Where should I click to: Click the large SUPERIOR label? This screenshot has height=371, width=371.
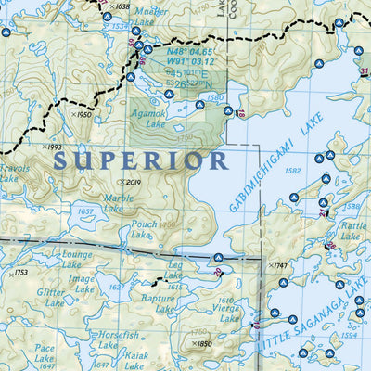coord(140,160)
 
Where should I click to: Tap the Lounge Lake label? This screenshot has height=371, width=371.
coord(76,259)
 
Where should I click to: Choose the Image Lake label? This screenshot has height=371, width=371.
coord(82,283)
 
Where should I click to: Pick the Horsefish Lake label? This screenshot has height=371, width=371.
coord(118,339)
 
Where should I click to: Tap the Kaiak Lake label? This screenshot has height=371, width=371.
coord(137,361)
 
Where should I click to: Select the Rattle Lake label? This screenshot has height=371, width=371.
coord(352,231)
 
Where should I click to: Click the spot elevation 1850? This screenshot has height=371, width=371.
coord(201,344)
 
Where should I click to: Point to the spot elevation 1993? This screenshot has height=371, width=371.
coord(53,147)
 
